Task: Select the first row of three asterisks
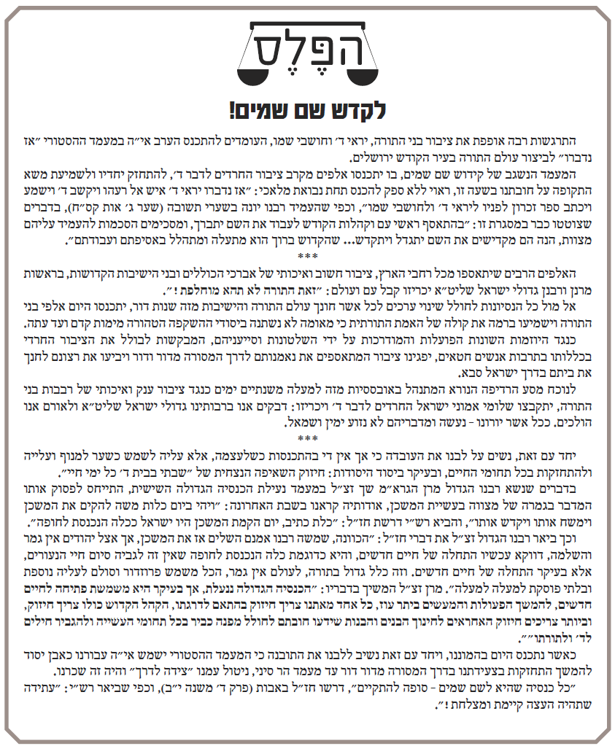pos(307,255)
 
